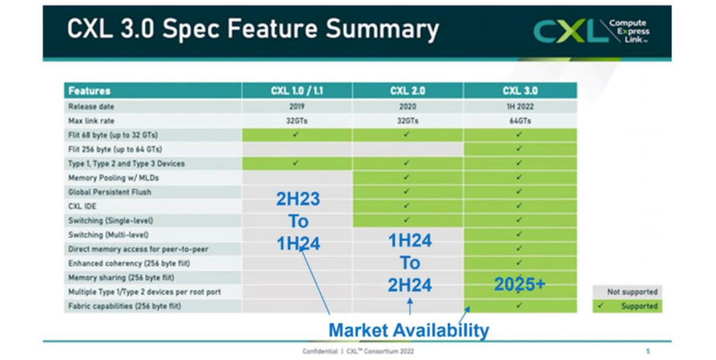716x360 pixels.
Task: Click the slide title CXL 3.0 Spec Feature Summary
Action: pyautogui.click(x=253, y=30)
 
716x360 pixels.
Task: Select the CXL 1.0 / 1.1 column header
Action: pyautogui.click(x=296, y=91)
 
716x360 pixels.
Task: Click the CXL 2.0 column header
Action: pyautogui.click(x=408, y=91)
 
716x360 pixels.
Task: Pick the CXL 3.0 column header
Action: pyautogui.click(x=519, y=91)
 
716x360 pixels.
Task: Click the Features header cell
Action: pyautogui.click(x=90, y=91)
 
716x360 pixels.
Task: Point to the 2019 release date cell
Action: pyautogui.click(x=296, y=107)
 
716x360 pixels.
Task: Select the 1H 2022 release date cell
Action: pyautogui.click(x=519, y=107)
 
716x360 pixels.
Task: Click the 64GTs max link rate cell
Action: pyautogui.click(x=519, y=121)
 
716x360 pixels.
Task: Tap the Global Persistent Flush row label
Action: pyautogui.click(x=109, y=192)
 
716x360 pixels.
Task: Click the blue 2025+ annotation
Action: pyautogui.click(x=520, y=284)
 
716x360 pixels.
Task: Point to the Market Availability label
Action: pyautogui.click(x=408, y=330)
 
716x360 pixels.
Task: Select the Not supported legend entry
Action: pyautogui.click(x=626, y=292)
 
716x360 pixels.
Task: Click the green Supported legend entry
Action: pyautogui.click(x=626, y=306)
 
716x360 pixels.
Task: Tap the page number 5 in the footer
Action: pyautogui.click(x=648, y=351)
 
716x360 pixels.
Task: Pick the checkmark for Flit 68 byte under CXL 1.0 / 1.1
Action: pyautogui.click(x=296, y=135)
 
